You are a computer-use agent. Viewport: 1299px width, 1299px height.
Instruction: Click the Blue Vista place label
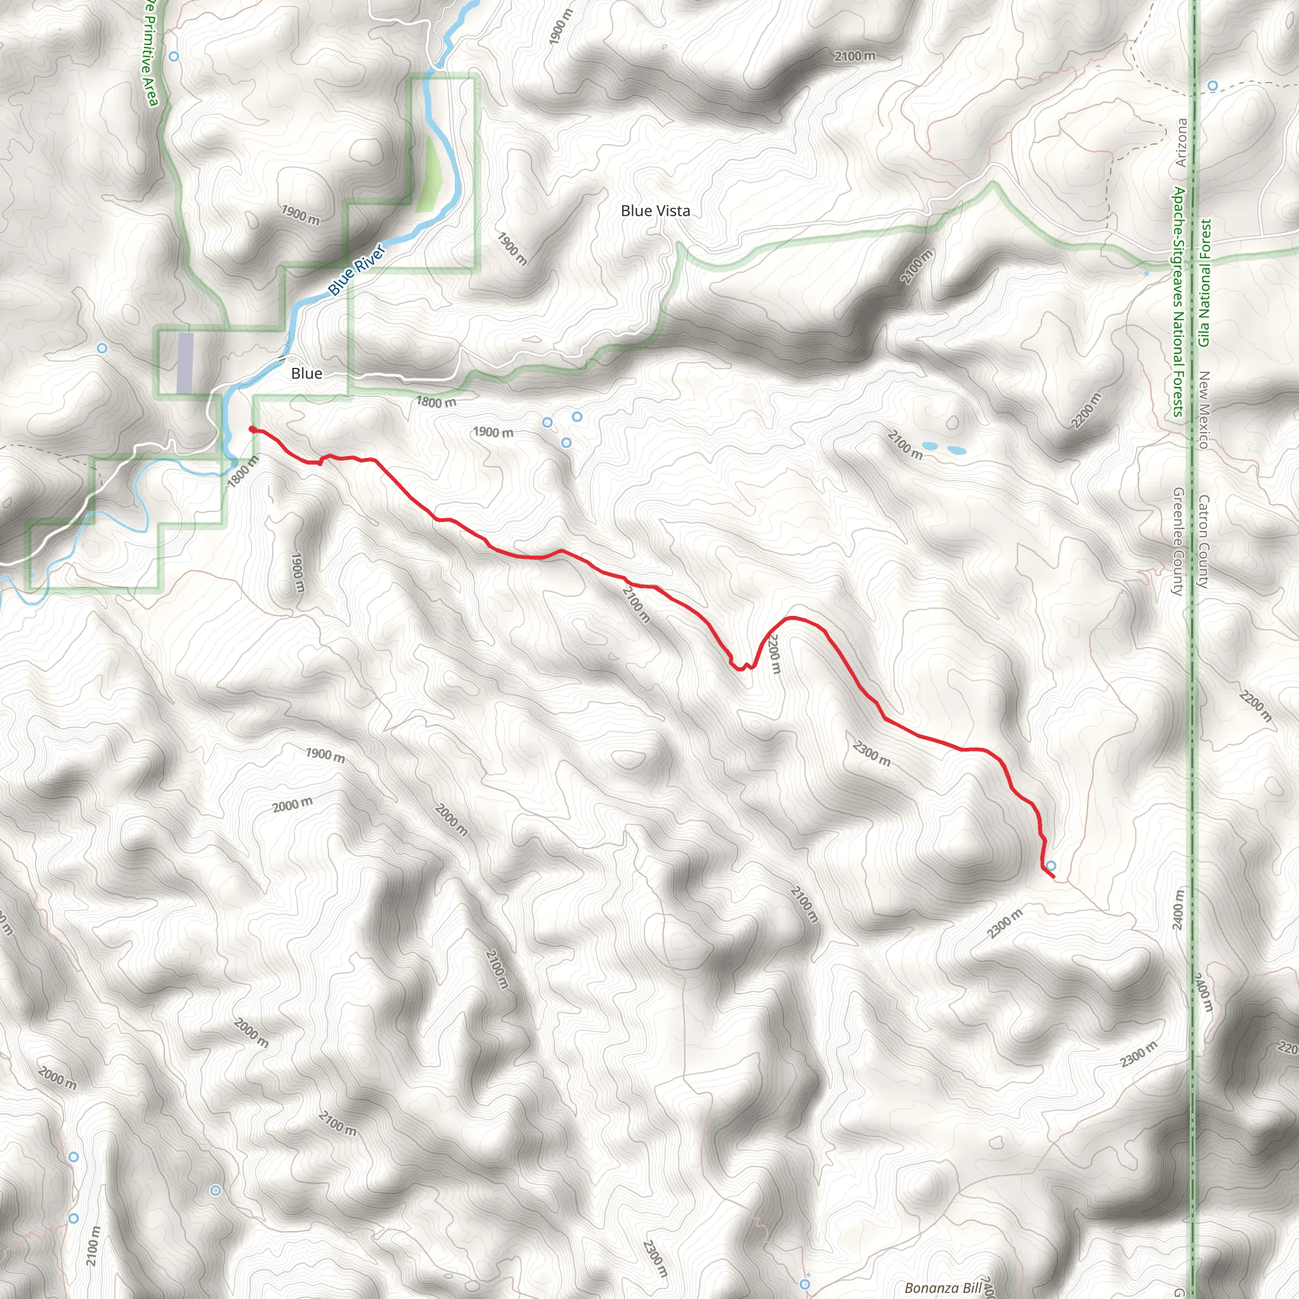coord(655,211)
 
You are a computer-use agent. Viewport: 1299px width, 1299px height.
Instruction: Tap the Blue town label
coord(306,374)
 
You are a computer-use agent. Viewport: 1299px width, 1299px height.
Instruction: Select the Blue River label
coord(356,270)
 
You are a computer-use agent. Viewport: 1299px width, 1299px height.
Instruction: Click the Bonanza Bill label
coord(943,1288)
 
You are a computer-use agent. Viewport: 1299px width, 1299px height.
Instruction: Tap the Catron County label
coord(1203,541)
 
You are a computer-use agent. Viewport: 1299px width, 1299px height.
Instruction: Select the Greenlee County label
coord(1177,541)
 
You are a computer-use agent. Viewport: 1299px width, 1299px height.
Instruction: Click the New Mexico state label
coord(1203,410)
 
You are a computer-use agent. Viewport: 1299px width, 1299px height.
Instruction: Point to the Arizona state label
coord(1181,143)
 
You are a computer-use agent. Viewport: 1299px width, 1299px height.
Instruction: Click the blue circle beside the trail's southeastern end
coord(1051,866)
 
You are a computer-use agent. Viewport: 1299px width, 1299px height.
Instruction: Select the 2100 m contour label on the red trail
coord(636,604)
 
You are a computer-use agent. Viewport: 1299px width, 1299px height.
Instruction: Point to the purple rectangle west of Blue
coord(185,363)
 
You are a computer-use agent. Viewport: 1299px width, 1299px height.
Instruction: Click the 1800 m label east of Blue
coord(436,402)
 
